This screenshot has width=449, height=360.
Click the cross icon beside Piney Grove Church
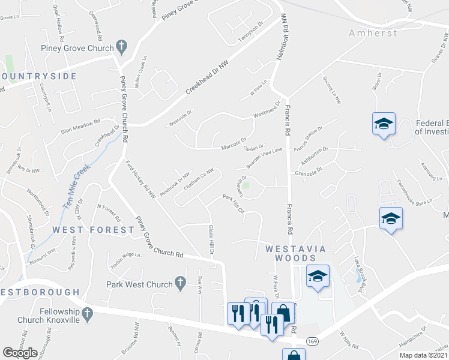tap(121, 46)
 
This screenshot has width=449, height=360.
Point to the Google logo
tap(20, 353)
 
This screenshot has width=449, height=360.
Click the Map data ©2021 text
tap(423, 355)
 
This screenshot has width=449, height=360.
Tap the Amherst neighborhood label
tap(373, 34)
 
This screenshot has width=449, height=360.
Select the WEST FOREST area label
tap(93, 230)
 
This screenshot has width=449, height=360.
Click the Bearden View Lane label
tap(265, 156)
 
